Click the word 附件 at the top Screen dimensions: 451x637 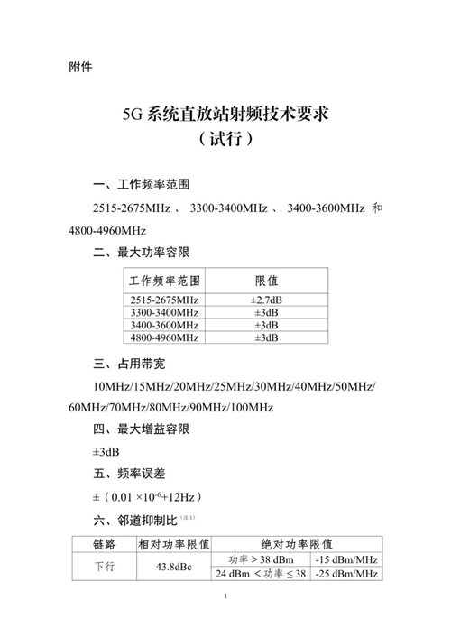[x=80, y=67]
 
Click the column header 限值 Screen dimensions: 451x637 [x=266, y=281]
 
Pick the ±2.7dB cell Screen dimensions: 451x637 [x=266, y=300]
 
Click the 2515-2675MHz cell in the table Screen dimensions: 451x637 [x=164, y=300]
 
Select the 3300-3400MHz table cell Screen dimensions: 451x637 [x=164, y=312]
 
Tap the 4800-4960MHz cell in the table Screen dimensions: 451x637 [x=164, y=337]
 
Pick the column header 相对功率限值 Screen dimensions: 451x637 [x=173, y=544]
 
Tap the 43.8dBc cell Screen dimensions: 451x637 [x=173, y=567]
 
